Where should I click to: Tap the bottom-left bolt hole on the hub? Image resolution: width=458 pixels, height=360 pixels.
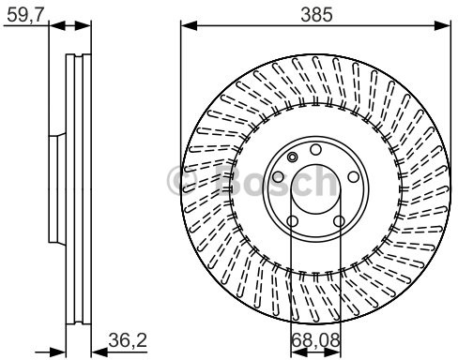(292, 222)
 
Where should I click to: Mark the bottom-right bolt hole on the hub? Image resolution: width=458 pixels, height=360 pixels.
(337, 222)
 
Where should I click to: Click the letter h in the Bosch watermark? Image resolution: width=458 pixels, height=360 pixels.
(322, 180)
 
